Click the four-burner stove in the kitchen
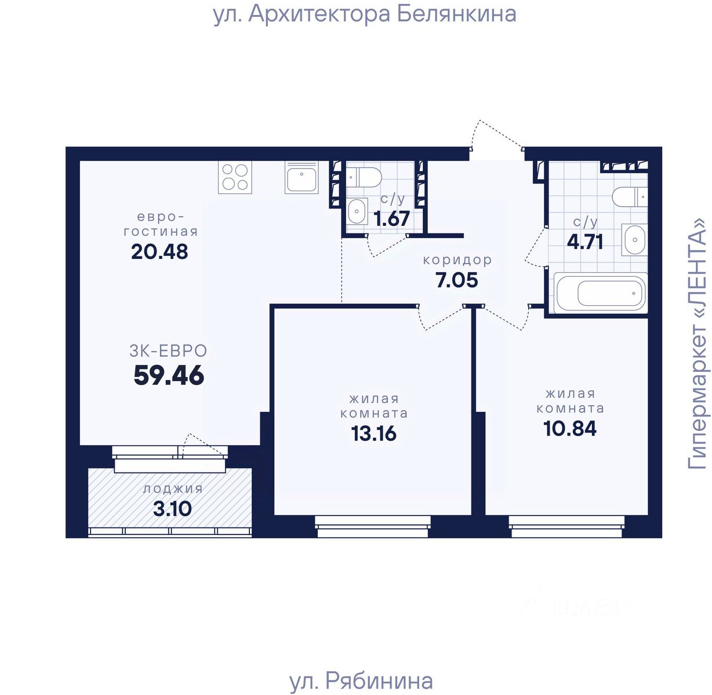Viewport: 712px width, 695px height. (235, 177)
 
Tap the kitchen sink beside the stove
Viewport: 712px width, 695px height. (301, 177)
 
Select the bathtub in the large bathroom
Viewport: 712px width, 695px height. (601, 293)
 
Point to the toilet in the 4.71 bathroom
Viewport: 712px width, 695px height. (630, 196)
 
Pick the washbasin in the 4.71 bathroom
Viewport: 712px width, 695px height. (634, 240)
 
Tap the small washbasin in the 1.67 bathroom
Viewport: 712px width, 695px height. (357, 211)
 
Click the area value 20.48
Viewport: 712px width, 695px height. (159, 252)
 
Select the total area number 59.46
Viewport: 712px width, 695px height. (169, 375)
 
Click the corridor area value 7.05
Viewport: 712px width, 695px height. (457, 280)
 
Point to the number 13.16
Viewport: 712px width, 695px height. (373, 434)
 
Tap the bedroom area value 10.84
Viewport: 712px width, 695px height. (570, 429)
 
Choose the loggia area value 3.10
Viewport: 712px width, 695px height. (172, 509)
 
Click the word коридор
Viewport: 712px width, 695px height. (457, 260)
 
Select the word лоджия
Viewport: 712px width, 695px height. (173, 489)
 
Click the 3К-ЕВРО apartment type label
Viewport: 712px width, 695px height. (168, 351)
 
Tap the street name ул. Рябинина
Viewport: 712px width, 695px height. (361, 681)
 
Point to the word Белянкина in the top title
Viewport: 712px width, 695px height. (457, 14)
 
